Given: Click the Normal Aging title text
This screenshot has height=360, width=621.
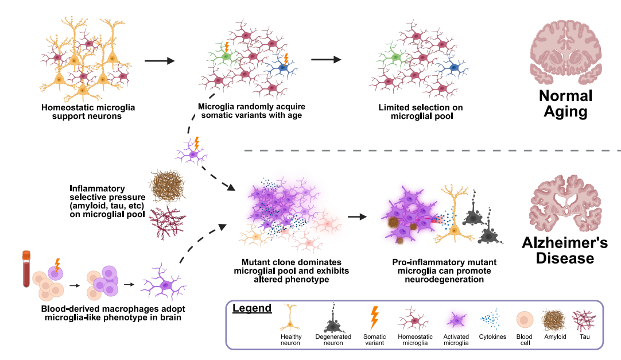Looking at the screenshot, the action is (565, 104).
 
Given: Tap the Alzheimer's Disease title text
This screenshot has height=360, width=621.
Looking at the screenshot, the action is (565, 250).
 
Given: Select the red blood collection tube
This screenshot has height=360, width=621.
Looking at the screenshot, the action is (26, 269).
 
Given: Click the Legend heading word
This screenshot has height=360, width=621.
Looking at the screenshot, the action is (252, 308).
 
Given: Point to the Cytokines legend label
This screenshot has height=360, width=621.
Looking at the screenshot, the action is (492, 336).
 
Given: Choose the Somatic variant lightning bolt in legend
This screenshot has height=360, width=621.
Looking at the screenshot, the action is (374, 318).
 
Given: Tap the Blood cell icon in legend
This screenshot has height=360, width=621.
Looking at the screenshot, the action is (525, 320).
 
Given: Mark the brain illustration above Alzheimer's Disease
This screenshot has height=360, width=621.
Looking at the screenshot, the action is (565, 203).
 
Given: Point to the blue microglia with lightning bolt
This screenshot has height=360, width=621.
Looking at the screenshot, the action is (283, 67).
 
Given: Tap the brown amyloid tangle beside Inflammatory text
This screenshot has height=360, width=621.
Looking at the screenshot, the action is (167, 186).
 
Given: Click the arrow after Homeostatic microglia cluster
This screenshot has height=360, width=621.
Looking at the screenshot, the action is (160, 61).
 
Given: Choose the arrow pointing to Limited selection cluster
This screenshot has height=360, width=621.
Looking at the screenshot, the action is (326, 59).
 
